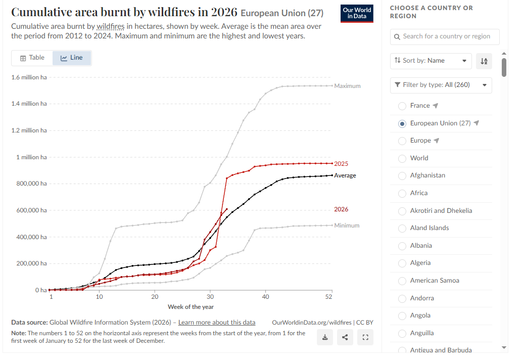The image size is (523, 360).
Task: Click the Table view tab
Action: pyautogui.click(x=32, y=58)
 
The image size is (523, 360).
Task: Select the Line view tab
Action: pyautogui.click(x=72, y=58)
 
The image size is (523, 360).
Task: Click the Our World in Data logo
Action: pyautogui.click(x=357, y=14)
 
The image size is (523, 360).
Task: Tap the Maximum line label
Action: pyautogui.click(x=347, y=86)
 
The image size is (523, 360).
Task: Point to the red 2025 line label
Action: pyautogui.click(x=341, y=164)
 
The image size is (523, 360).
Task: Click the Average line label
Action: pyautogui.click(x=345, y=175)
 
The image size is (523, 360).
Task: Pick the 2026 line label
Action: pyautogui.click(x=341, y=209)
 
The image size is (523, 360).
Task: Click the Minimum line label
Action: pyautogui.click(x=347, y=226)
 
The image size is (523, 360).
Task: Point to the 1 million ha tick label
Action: pyautogui.click(x=31, y=157)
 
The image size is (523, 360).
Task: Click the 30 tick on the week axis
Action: pyautogui.click(x=210, y=297)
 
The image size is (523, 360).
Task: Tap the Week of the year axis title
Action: pyautogui.click(x=191, y=307)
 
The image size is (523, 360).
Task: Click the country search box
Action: pyautogui.click(x=445, y=37)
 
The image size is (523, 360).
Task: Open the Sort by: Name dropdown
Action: pyautogui.click(x=431, y=61)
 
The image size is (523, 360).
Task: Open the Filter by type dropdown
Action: pyautogui.click(x=441, y=85)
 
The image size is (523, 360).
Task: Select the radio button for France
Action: pyautogui.click(x=402, y=106)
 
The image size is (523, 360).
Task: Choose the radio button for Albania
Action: pyautogui.click(x=402, y=246)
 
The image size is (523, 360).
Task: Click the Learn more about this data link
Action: pyautogui.click(x=217, y=322)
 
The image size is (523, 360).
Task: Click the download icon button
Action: pyautogui.click(x=325, y=337)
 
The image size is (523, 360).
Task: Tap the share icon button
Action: pyautogui.click(x=345, y=337)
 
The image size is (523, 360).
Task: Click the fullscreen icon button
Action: pyautogui.click(x=365, y=337)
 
